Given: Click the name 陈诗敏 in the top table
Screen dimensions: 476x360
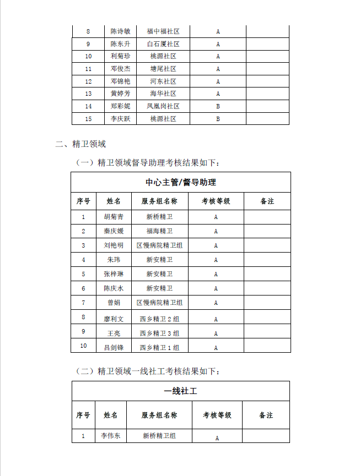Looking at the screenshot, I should pyautogui.click(x=120, y=31).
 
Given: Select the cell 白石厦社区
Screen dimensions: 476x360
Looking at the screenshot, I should pyautogui.click(x=163, y=44).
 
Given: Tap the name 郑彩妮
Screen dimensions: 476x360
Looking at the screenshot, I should pyautogui.click(x=120, y=106).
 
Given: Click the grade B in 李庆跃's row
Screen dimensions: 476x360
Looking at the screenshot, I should pyautogui.click(x=218, y=118).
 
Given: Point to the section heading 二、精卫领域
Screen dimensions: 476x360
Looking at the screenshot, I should pyautogui.click(x=80, y=144).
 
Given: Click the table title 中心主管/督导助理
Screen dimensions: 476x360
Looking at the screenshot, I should pyautogui.click(x=181, y=182).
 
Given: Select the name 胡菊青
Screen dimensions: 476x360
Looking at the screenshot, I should pyautogui.click(x=114, y=217).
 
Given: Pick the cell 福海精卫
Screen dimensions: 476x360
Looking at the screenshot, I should pyautogui.click(x=159, y=231).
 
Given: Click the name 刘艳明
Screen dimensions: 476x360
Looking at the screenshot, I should pyautogui.click(x=114, y=245).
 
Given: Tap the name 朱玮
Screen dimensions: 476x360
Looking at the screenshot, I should pyautogui.click(x=114, y=260).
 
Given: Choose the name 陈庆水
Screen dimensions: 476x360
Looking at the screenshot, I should pyautogui.click(x=114, y=288).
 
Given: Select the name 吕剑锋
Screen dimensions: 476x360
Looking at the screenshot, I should pyautogui.click(x=114, y=347).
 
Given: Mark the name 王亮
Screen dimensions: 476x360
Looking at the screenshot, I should pyautogui.click(x=114, y=333).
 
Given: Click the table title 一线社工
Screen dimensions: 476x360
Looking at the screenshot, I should pyautogui.click(x=181, y=391).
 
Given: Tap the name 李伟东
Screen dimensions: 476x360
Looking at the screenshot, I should pyautogui.click(x=110, y=436).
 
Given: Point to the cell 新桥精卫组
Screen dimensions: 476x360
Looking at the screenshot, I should pyautogui.click(x=159, y=436).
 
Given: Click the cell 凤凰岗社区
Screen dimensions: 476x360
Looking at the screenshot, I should pyautogui.click(x=163, y=106).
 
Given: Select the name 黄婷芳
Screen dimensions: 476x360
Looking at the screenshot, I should pyautogui.click(x=120, y=94).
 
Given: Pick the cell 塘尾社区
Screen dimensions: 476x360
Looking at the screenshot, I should pyautogui.click(x=163, y=69).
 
